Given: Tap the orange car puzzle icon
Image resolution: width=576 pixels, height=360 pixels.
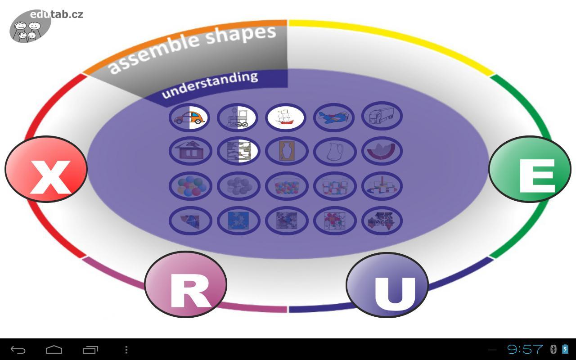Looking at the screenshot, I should (x=189, y=117).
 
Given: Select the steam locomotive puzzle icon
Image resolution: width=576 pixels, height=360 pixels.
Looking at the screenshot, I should (x=237, y=117).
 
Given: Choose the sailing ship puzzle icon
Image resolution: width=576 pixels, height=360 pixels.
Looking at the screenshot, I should (x=285, y=117).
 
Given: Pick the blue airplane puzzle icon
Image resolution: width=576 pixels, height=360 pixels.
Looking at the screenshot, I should (x=333, y=117).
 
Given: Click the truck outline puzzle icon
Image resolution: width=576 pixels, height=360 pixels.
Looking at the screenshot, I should (x=382, y=116).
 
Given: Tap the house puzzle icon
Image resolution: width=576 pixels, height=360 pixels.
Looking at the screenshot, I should (x=190, y=151).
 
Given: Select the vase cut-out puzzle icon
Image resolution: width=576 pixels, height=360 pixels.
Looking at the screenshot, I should (x=287, y=151).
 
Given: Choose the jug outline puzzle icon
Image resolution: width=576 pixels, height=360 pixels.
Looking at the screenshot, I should (x=334, y=151).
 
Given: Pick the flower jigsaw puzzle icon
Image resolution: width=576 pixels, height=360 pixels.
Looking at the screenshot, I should (x=334, y=220).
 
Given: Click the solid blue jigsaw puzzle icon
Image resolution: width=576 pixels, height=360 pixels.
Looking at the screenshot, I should (x=238, y=220).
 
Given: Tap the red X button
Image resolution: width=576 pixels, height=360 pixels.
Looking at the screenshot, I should (x=46, y=169).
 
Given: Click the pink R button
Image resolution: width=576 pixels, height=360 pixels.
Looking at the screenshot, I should (x=185, y=284).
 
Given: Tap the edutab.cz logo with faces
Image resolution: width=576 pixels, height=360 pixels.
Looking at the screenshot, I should (x=31, y=27).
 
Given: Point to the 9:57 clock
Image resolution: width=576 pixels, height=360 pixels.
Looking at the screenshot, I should (x=525, y=349).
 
